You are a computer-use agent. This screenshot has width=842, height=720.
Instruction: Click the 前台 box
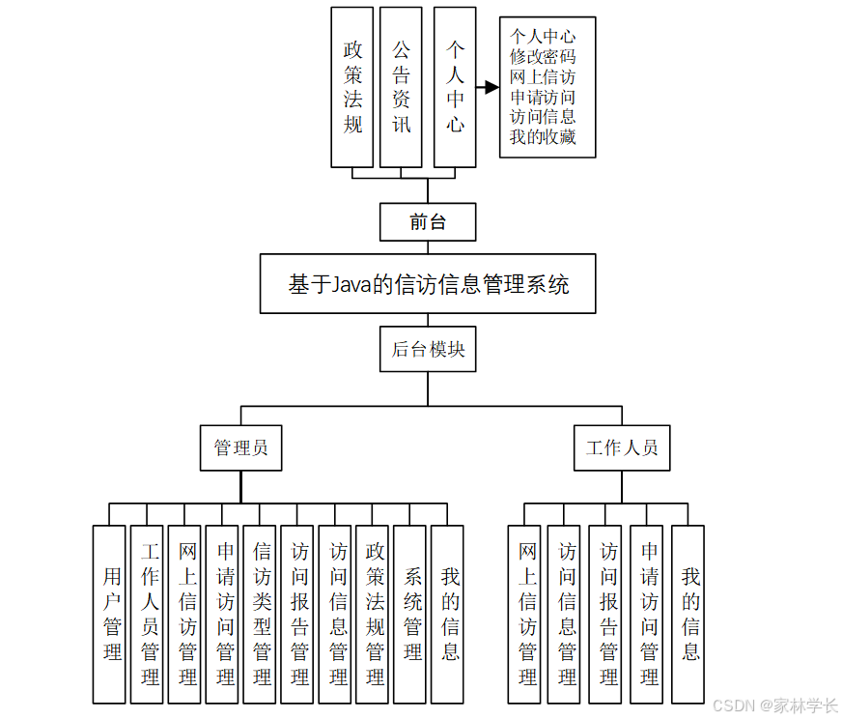point(428,222)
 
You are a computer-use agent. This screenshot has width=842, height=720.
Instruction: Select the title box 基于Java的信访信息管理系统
point(428,284)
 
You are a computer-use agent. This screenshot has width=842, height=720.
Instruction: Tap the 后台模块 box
point(428,349)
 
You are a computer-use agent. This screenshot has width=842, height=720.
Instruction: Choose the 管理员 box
point(241,447)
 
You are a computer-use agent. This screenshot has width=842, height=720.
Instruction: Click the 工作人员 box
point(622,447)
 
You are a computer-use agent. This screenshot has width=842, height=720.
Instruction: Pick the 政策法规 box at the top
point(352,87)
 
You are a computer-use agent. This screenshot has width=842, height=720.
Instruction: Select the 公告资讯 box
point(401,87)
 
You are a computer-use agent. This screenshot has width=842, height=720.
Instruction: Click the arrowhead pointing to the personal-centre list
point(491,87)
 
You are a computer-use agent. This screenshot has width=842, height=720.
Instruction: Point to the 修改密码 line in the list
point(543,56)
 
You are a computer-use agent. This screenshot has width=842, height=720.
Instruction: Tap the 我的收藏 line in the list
point(543,137)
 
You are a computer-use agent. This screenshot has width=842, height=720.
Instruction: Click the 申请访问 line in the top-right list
point(543,97)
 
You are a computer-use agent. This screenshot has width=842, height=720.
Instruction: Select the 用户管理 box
point(110,614)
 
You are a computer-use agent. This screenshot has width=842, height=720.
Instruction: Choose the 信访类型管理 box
point(261,614)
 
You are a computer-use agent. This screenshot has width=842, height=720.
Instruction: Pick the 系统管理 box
point(410,614)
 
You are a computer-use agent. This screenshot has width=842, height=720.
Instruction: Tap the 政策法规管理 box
point(373,614)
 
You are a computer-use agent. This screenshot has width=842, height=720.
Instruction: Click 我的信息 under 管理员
point(448,614)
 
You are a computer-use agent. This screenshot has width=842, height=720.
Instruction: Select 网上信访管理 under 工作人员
point(527,614)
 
